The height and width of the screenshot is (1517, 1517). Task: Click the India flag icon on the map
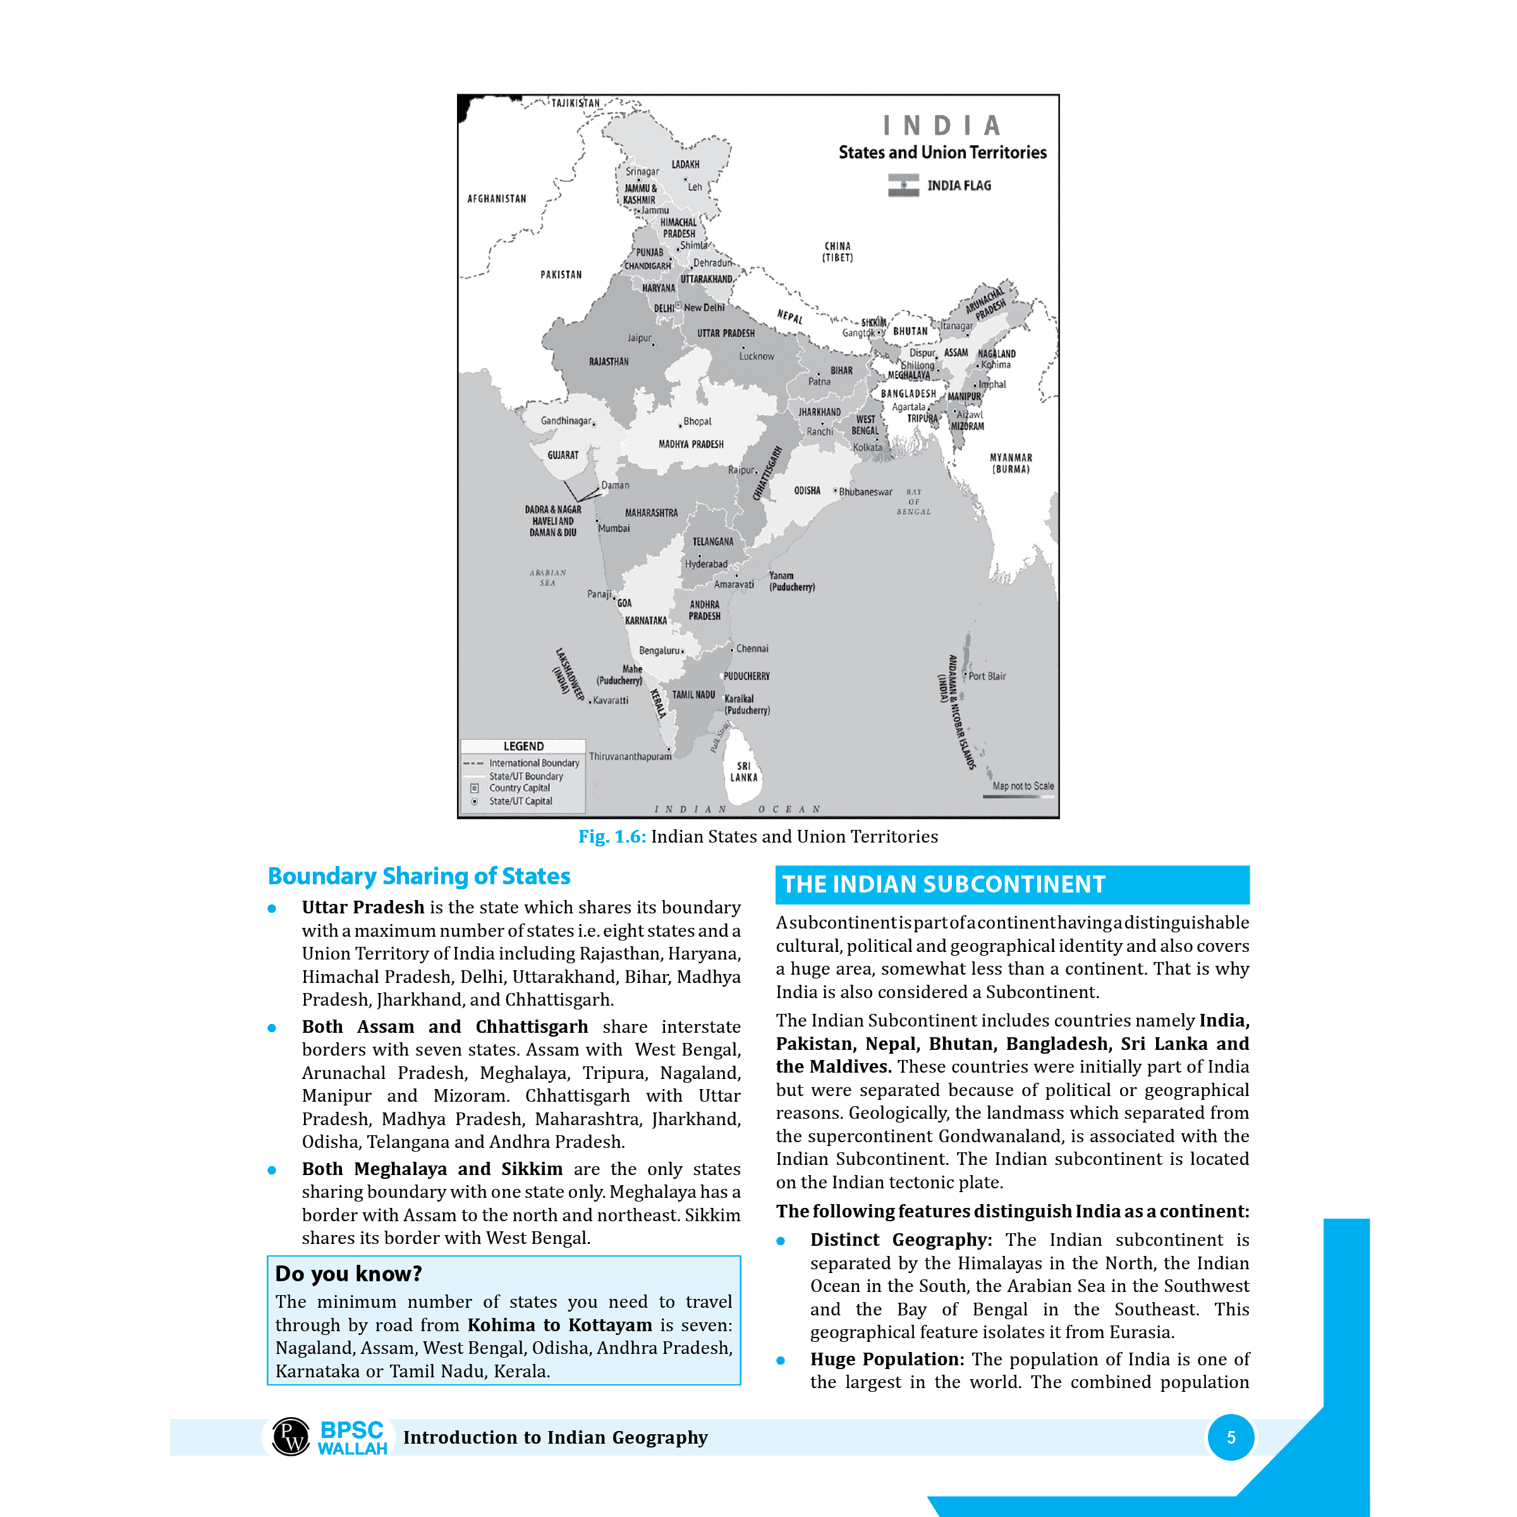(903, 185)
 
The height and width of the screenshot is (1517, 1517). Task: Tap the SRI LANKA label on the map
(743, 771)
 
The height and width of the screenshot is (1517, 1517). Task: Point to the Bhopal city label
(697, 422)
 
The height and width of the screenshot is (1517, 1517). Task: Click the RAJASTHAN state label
(609, 362)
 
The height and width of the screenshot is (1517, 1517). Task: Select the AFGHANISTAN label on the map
(496, 198)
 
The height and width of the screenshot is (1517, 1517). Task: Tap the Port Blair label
(986, 676)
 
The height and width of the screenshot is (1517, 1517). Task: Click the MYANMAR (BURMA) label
(1011, 463)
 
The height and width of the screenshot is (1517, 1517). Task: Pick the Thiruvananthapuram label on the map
(630, 757)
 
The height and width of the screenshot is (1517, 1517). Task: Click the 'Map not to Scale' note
(1022, 786)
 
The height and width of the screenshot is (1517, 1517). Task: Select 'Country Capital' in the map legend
(519, 788)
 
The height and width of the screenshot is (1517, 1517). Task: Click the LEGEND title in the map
(523, 746)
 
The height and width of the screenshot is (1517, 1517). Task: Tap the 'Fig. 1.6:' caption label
(612, 837)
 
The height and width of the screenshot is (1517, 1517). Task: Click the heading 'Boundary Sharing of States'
(418, 876)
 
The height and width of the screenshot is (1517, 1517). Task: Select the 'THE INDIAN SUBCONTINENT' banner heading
(943, 885)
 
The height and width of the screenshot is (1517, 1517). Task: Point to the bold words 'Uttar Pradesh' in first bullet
(363, 908)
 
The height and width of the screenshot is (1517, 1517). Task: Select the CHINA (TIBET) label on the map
(837, 252)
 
